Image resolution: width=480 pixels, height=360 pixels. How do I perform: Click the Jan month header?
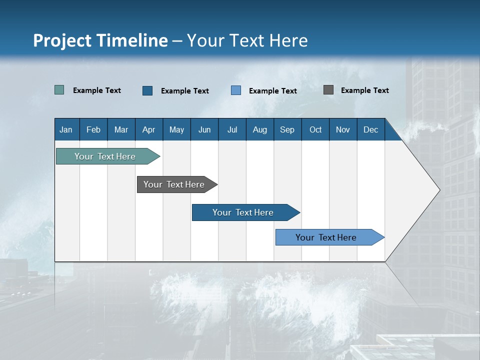pos(66,129)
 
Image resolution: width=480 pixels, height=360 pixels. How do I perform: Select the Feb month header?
pos(93,129)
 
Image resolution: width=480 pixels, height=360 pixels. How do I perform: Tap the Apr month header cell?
pos(149,129)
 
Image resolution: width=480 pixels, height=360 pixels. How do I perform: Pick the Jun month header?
pos(204,129)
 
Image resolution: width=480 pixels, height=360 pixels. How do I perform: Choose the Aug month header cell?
pos(260,129)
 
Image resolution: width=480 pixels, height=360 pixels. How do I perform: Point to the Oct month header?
pos(315,129)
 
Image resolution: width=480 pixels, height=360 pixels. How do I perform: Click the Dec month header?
pos(371,129)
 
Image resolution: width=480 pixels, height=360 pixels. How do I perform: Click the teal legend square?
pos(59,90)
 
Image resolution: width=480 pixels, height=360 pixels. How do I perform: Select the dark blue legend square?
pos(147,90)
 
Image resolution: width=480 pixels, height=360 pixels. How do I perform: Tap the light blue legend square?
pos(236,90)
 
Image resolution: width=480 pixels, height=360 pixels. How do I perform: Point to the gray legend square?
pos(328,90)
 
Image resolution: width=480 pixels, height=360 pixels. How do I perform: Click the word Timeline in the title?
pos(132,40)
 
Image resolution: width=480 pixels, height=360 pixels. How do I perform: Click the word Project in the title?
pos(62,40)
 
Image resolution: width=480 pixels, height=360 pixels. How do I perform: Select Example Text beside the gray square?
pos(364,90)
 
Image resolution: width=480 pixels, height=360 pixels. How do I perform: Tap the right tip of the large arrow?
pos(438,190)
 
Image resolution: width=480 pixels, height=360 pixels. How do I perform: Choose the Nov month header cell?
pos(343,129)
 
